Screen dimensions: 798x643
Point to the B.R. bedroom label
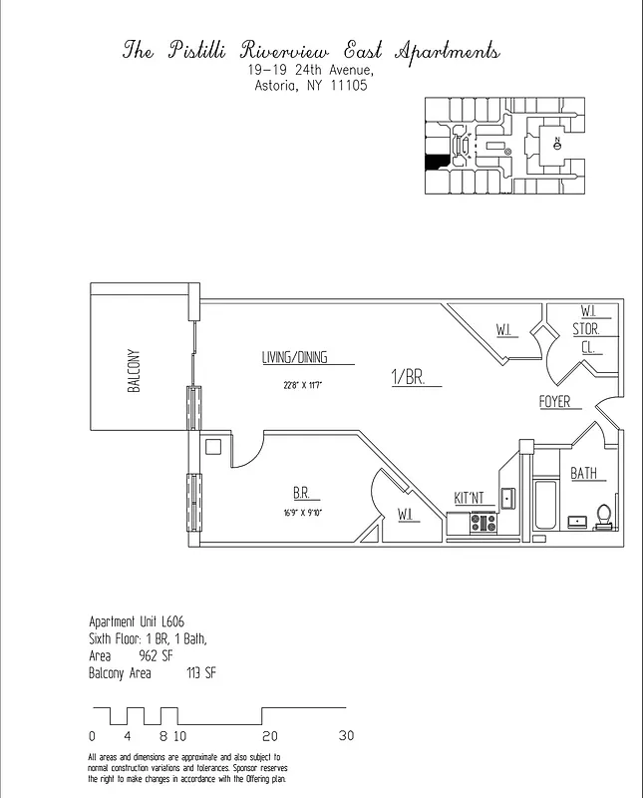tap(301, 493)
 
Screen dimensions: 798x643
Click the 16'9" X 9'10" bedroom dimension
tap(302, 513)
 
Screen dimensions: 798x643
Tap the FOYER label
tap(554, 402)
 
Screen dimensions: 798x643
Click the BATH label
tap(584, 474)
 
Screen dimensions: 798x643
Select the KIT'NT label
tap(469, 497)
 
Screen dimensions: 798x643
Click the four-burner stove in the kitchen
tap(483, 521)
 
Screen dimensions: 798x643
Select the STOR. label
tap(585, 328)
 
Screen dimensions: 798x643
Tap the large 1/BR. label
tap(408, 377)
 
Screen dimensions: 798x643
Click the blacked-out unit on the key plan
tap(435, 162)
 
